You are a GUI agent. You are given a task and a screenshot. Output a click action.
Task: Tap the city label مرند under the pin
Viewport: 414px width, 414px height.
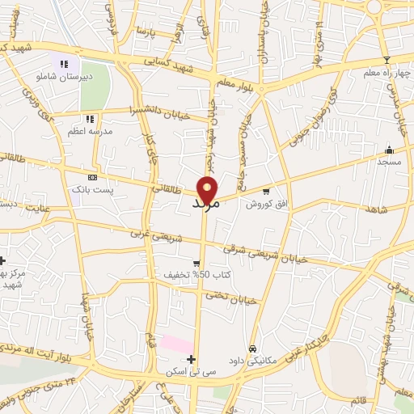click(x=205, y=205)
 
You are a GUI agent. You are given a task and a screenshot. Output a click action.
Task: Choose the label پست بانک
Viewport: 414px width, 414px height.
click(x=91, y=188)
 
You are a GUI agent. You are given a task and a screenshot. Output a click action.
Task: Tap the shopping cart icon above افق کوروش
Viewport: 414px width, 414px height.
click(x=265, y=191)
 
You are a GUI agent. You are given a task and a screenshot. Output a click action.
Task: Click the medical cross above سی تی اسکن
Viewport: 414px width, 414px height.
click(x=191, y=359)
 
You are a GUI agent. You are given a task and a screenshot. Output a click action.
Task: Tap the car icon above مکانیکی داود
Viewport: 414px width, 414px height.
click(x=253, y=348)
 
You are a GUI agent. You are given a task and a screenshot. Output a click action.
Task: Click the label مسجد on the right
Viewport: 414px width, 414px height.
click(x=389, y=162)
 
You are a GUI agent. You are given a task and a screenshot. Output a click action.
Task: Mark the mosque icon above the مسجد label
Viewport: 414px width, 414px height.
click(x=389, y=150)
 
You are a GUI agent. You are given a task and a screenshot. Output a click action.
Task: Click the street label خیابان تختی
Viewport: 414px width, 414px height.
click(x=233, y=298)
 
